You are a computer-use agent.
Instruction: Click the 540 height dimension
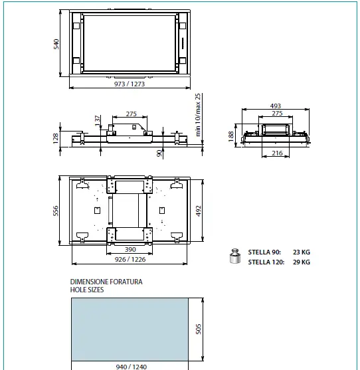coord(56,44)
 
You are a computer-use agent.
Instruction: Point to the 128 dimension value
coord(56,139)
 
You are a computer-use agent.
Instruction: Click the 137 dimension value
coord(98,120)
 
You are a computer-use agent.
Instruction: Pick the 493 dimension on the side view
coord(276,106)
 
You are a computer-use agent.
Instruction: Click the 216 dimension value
coord(277,153)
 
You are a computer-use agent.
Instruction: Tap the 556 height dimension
coord(56,211)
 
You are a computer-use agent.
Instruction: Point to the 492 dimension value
coord(199,211)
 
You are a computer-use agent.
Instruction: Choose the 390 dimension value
coord(130,250)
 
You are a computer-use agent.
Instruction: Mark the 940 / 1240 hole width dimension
coord(129,366)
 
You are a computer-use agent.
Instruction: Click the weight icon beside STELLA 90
coord(234,256)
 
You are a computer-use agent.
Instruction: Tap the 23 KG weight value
coord(302,252)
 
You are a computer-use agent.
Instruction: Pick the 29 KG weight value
coord(302,262)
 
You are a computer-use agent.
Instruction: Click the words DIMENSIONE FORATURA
coord(106,282)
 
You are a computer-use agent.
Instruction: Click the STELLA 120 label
coord(266,262)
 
